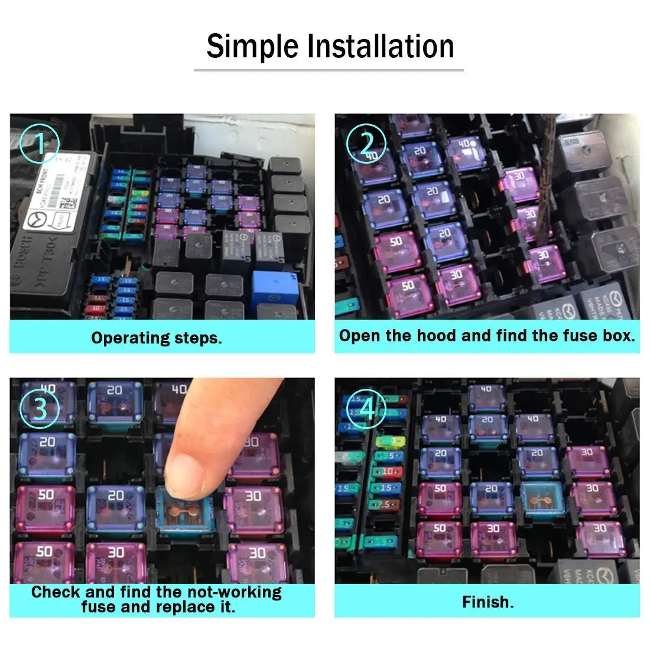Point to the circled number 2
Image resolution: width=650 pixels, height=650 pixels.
pos(366,144)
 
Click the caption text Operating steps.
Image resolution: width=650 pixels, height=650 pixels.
pos(157,338)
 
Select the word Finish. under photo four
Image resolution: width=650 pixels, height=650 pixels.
pos(487,602)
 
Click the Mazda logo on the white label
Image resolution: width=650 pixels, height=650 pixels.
pos(37,222)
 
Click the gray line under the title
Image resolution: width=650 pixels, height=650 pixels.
pos(329,70)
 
